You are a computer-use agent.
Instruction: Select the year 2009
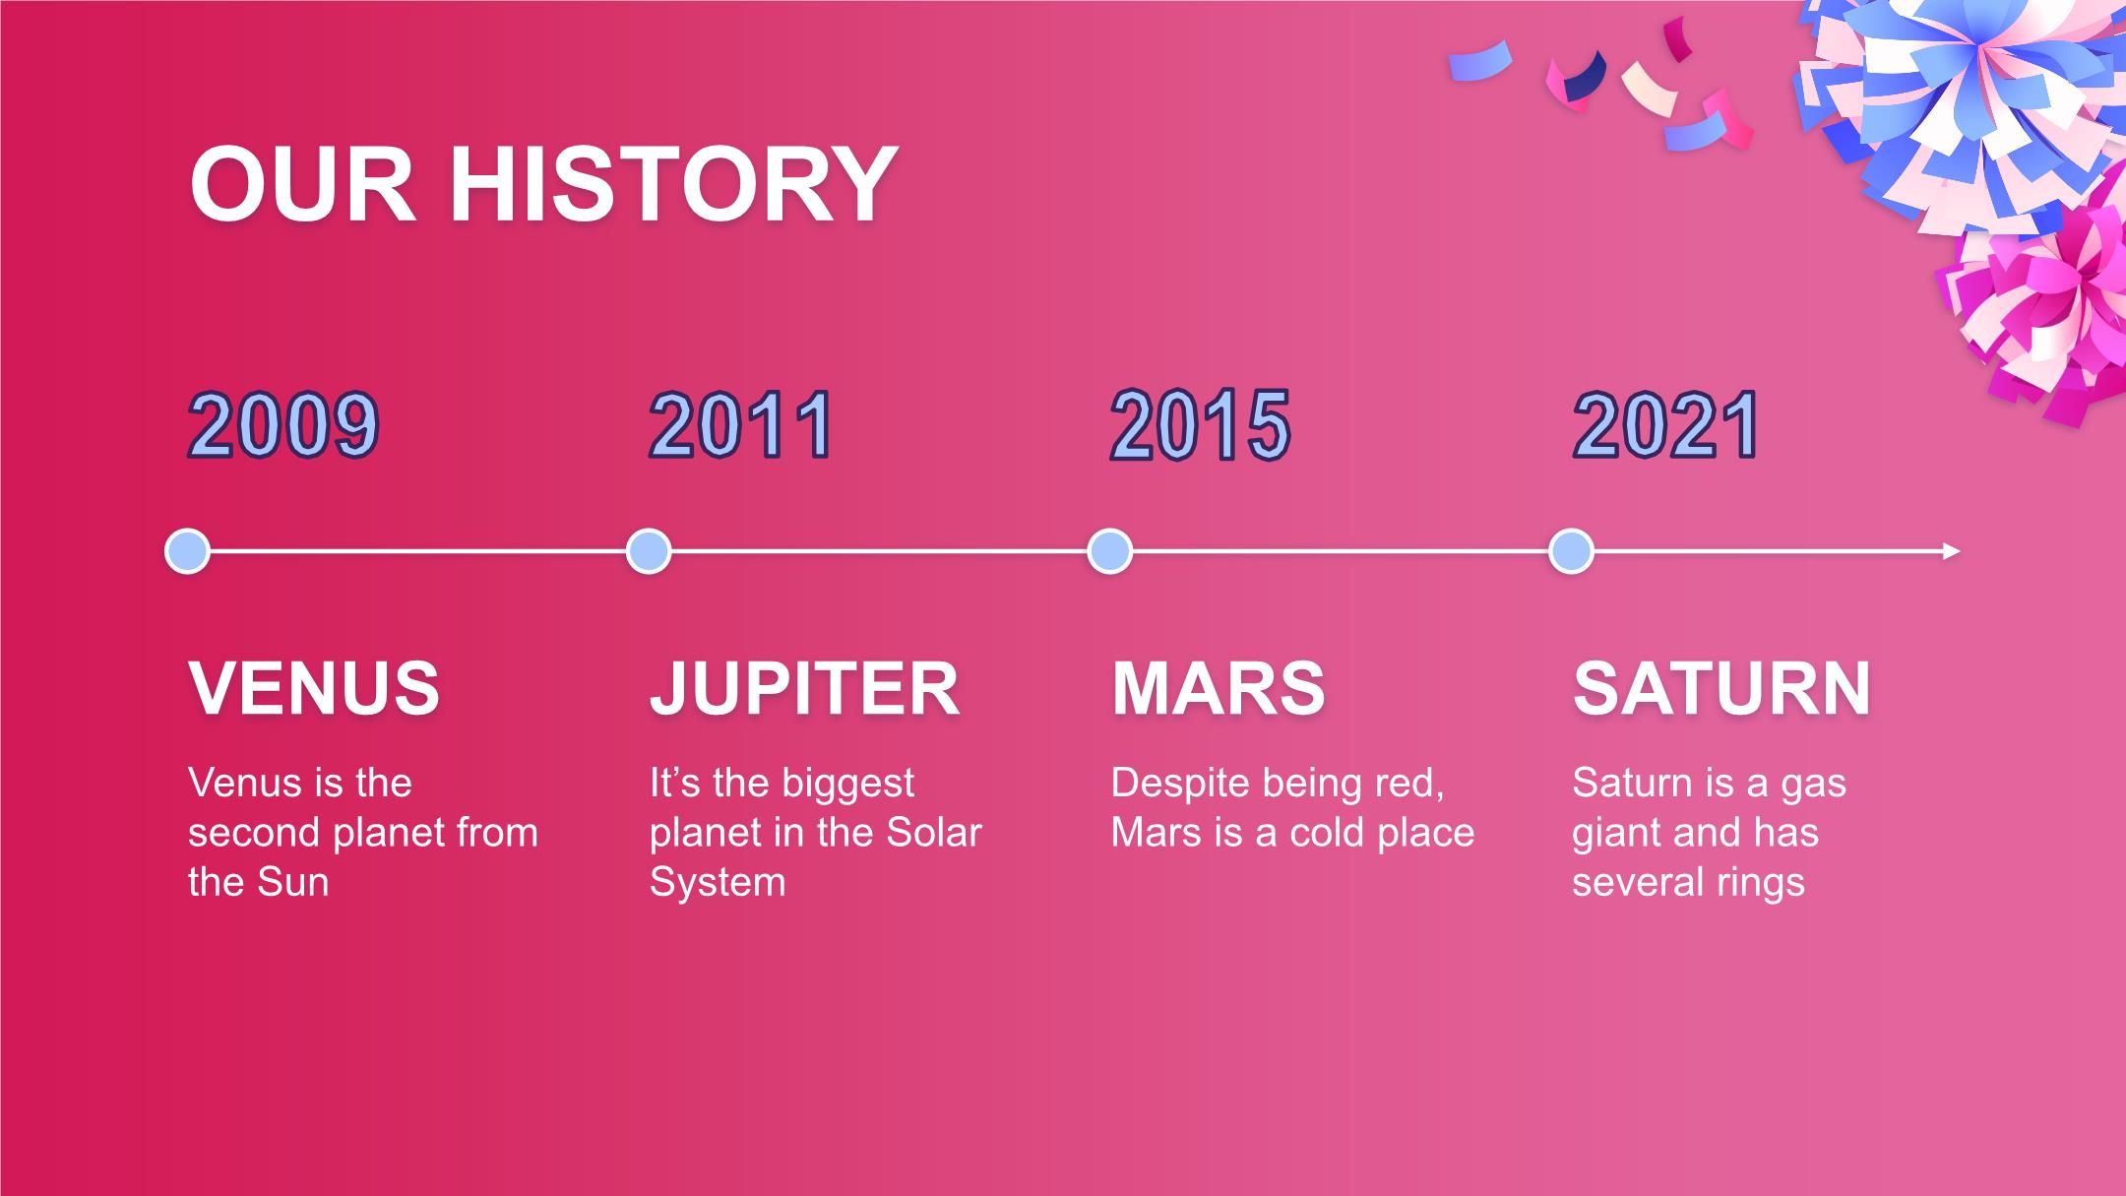[x=283, y=425]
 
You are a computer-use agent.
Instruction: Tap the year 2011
[x=741, y=425]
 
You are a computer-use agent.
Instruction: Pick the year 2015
[x=1200, y=425]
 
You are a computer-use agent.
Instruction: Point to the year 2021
[x=1665, y=425]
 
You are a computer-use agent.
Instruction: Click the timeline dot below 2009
[x=187, y=551]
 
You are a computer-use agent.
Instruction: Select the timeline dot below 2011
[x=649, y=551]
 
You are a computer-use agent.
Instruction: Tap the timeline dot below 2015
[x=1110, y=551]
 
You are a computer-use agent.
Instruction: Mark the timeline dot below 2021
[x=1572, y=551]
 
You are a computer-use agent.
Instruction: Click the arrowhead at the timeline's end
[x=1953, y=551]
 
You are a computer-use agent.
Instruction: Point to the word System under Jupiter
[x=718, y=882]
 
